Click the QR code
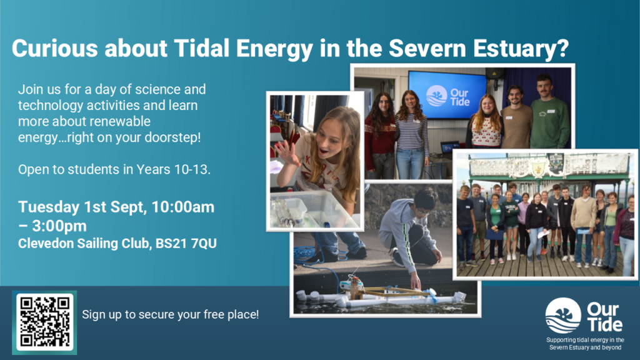pos(44,322)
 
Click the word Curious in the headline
pos(55,49)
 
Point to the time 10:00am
pos(183,207)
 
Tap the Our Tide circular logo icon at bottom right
pos(563,316)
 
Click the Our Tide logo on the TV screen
pos(447,96)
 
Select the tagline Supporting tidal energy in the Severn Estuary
pos(585,344)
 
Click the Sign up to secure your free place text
pos(170,315)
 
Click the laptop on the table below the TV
pos(450,147)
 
